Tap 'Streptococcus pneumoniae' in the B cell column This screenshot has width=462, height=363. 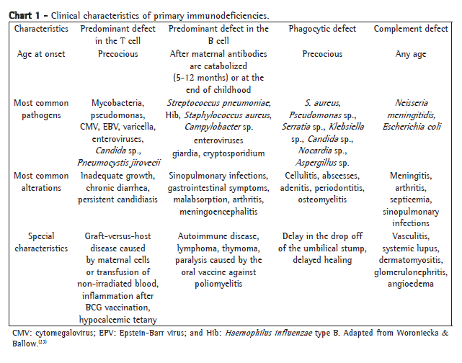point(219,103)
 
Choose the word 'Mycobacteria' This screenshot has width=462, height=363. point(118,103)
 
